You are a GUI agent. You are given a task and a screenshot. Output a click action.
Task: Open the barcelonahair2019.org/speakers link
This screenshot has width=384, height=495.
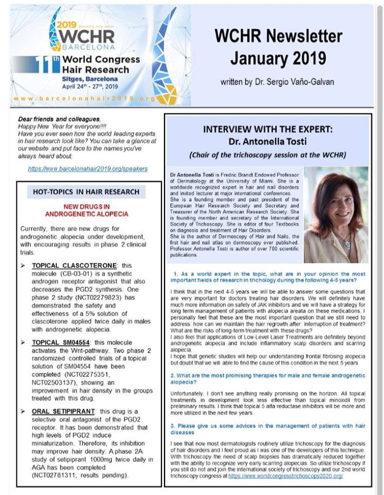(x=88, y=169)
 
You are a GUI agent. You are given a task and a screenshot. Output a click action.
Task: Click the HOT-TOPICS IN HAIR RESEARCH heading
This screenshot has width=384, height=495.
(x=86, y=192)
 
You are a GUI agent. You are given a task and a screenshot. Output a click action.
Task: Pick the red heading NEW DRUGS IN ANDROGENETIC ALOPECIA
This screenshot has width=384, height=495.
(x=87, y=210)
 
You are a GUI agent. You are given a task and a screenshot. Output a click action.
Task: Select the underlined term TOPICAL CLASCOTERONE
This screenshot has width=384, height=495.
(x=75, y=266)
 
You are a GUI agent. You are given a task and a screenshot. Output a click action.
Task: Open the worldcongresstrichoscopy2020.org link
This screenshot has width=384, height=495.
(x=286, y=476)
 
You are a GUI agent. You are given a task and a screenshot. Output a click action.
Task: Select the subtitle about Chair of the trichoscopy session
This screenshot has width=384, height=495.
(x=268, y=155)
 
